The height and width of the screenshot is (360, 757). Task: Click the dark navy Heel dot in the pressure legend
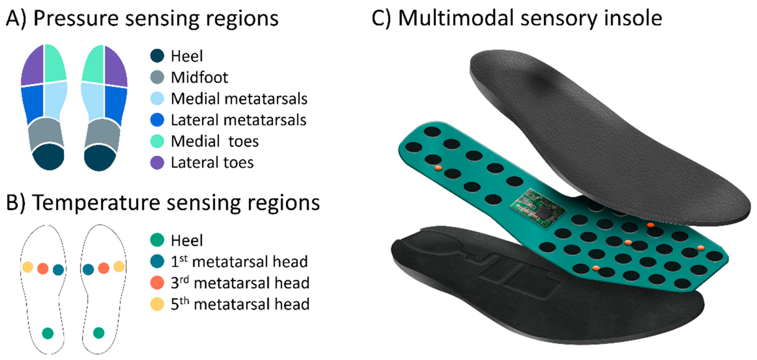157,56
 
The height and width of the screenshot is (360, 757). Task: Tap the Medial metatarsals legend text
239,99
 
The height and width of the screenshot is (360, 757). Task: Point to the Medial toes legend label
215,141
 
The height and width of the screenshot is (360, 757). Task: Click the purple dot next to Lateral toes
157,163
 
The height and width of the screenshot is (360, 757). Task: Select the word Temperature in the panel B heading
97,203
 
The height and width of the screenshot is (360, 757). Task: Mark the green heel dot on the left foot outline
48,333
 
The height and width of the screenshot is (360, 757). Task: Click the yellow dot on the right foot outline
119,267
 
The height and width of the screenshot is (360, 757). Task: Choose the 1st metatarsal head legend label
239,262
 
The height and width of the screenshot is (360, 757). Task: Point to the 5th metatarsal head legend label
240,304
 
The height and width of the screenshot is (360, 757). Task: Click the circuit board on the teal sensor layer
537,207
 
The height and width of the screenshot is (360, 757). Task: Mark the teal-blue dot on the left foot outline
58,269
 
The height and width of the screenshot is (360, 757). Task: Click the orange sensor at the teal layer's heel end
438,168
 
